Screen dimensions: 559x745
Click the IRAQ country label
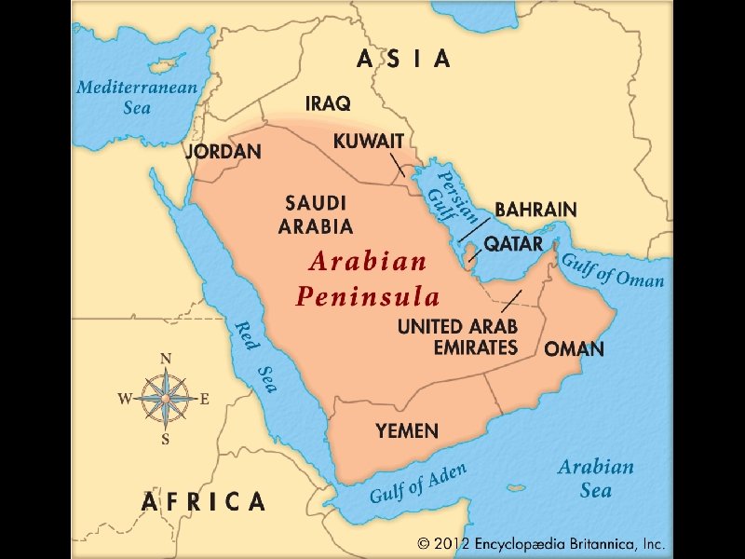pyautogui.click(x=328, y=103)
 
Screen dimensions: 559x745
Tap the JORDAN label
pyautogui.click(x=223, y=151)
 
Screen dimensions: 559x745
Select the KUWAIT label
pyautogui.click(x=369, y=142)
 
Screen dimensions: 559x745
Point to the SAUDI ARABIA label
pyautogui.click(x=317, y=214)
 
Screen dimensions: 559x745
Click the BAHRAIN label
pyautogui.click(x=535, y=210)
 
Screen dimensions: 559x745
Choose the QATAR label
pyautogui.click(x=513, y=244)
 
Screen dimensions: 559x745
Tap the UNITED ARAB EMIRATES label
pyautogui.click(x=457, y=337)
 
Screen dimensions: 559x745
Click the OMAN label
pyautogui.click(x=574, y=350)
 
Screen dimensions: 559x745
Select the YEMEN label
pyautogui.click(x=407, y=431)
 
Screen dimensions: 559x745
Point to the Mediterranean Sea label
pyautogui.click(x=137, y=97)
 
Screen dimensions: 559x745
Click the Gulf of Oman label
pyautogui.click(x=612, y=269)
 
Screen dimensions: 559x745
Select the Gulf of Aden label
pyautogui.click(x=417, y=484)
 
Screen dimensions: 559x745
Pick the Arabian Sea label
pyautogui.click(x=596, y=478)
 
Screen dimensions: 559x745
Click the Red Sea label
pyautogui.click(x=256, y=356)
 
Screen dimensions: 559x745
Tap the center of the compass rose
pyautogui.click(x=166, y=399)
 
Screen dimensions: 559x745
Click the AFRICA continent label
pyautogui.click(x=203, y=501)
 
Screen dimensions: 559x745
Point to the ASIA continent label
pyautogui.click(x=404, y=60)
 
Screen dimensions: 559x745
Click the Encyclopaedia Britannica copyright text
pyautogui.click(x=540, y=542)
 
